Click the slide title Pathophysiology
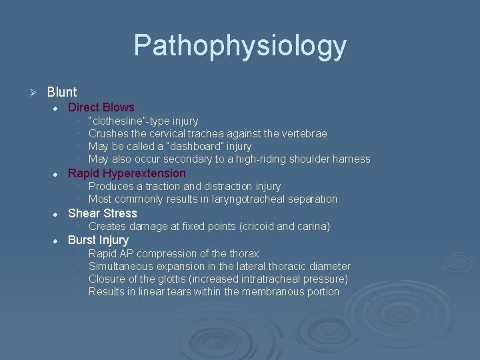[240, 45]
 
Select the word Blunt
[62, 92]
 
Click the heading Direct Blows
[101, 107]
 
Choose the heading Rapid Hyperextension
[127, 173]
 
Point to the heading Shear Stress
[102, 213]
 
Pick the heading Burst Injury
[98, 239]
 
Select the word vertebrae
[305, 133]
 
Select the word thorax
[243, 253]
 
